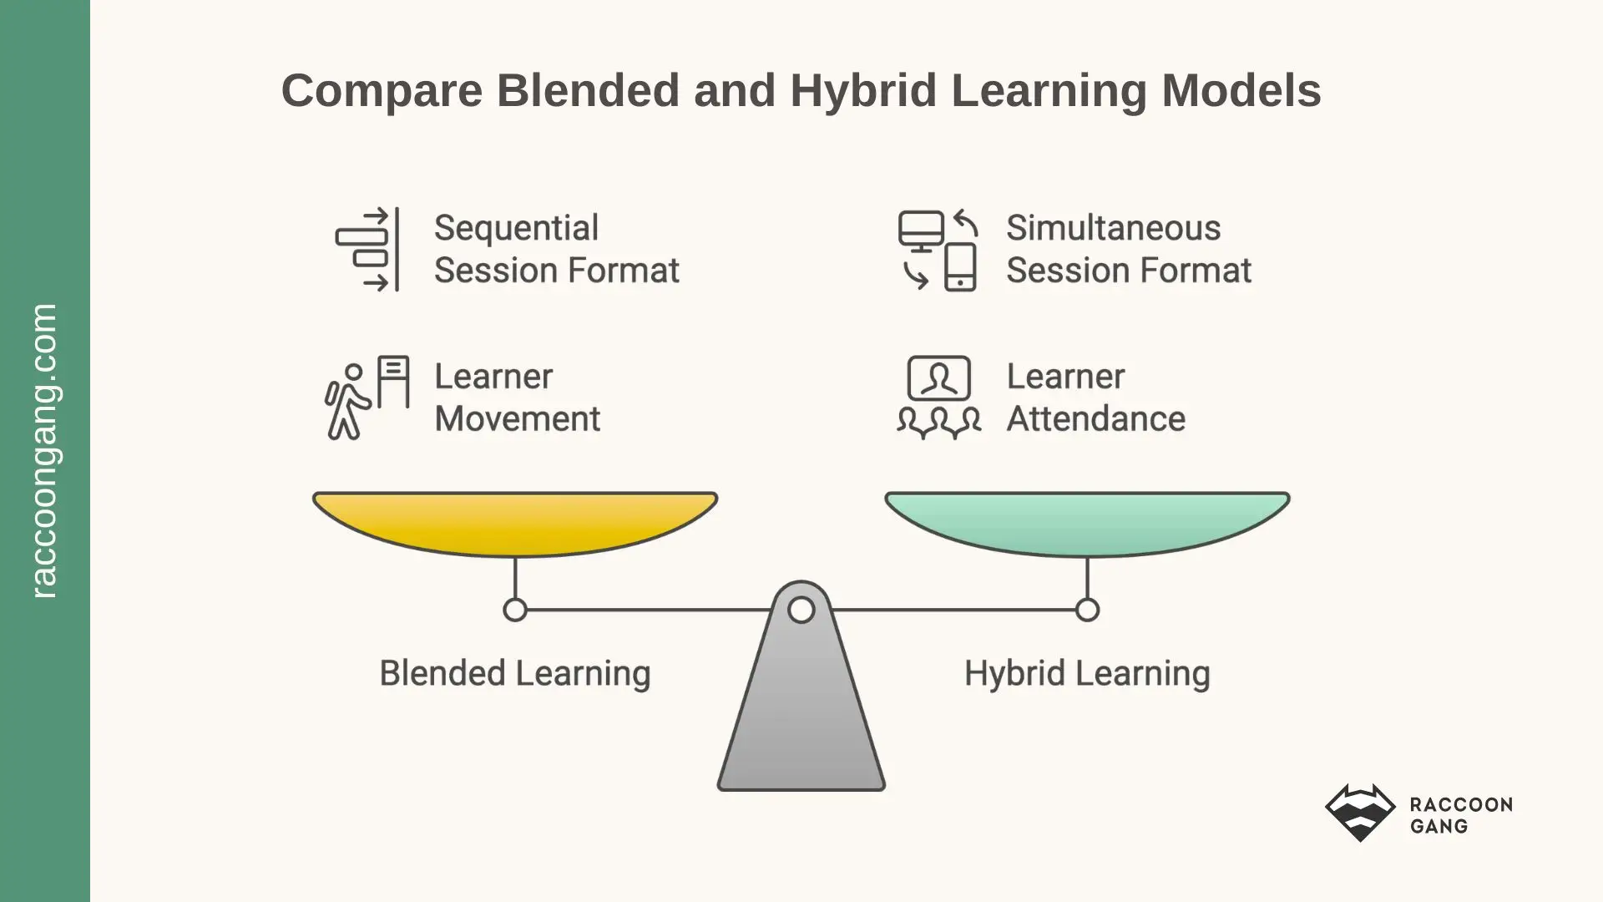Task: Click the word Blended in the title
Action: (588, 90)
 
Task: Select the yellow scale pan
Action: (515, 522)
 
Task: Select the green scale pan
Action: (1087, 522)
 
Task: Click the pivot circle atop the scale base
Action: (801, 610)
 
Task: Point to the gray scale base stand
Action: (801, 718)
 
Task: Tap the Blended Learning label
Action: (515, 673)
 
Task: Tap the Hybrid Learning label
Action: (1087, 673)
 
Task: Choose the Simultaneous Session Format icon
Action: (938, 249)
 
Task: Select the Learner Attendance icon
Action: (938, 398)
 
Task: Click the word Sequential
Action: (516, 228)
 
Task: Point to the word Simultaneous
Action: (1113, 228)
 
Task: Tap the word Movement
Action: (517, 418)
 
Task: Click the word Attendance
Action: (1095, 418)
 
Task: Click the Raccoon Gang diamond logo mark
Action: (1360, 812)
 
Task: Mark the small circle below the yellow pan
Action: (515, 610)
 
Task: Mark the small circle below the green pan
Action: (1087, 610)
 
